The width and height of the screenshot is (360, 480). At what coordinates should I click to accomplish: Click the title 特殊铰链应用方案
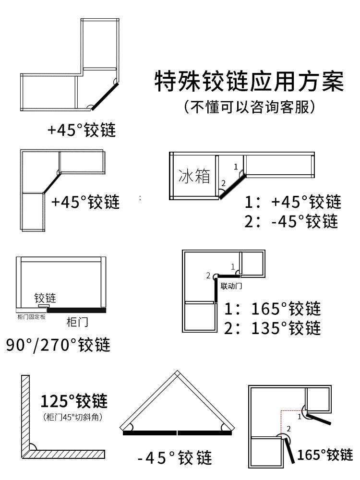click(249, 82)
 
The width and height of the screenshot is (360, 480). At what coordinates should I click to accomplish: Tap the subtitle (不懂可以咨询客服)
click(249, 106)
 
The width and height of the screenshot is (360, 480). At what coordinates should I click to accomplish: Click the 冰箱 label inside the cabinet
click(194, 176)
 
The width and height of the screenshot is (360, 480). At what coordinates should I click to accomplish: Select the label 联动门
click(230, 286)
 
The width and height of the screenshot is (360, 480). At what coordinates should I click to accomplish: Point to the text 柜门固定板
click(30, 317)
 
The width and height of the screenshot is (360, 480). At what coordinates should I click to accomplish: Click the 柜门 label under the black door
click(77, 321)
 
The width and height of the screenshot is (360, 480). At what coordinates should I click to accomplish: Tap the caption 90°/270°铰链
click(58, 344)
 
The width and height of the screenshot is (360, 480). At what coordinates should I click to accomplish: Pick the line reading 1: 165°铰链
click(273, 308)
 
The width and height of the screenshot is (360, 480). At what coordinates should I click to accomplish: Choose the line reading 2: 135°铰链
click(273, 328)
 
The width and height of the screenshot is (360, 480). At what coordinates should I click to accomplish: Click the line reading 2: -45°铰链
click(292, 221)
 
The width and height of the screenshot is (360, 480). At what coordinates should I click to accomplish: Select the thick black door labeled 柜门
click(77, 310)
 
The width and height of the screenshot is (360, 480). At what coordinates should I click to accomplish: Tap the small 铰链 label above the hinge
click(45, 298)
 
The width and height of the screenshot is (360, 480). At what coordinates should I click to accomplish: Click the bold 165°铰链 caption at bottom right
click(325, 454)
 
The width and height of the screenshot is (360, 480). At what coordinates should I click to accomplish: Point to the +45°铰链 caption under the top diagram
click(82, 130)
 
